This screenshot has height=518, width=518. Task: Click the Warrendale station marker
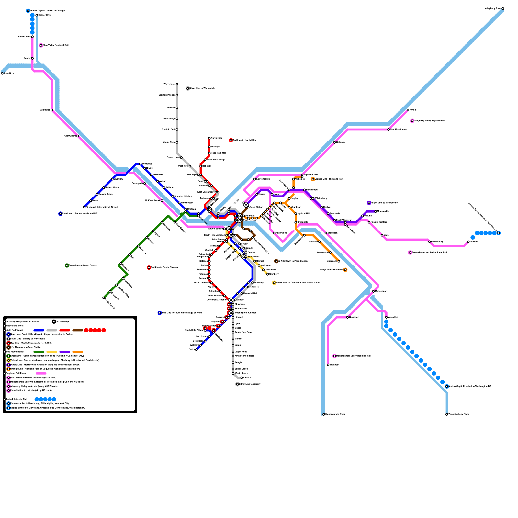[177, 84]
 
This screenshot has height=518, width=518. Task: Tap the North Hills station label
[216, 138]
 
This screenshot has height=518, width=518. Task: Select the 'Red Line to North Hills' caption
[244, 140]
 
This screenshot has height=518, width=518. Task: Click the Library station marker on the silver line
[242, 378]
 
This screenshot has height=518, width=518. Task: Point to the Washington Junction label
[246, 313]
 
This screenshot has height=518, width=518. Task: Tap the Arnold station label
[413, 110]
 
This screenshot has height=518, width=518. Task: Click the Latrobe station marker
[468, 242]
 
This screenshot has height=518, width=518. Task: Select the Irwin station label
[386, 235]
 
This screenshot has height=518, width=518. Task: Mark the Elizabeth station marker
[328, 365]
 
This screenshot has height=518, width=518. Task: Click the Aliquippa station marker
[52, 110]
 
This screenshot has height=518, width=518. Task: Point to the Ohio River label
[9, 73]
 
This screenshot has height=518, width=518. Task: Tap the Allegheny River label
[493, 9]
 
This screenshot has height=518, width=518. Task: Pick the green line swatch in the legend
[39, 352]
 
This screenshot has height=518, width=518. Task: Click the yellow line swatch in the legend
[52, 352]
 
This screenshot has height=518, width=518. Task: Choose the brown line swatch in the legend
[78, 330]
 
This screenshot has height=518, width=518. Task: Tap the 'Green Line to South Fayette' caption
[83, 265]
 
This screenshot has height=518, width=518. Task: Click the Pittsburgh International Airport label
[102, 207]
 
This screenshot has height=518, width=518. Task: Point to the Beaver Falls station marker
[32, 37]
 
